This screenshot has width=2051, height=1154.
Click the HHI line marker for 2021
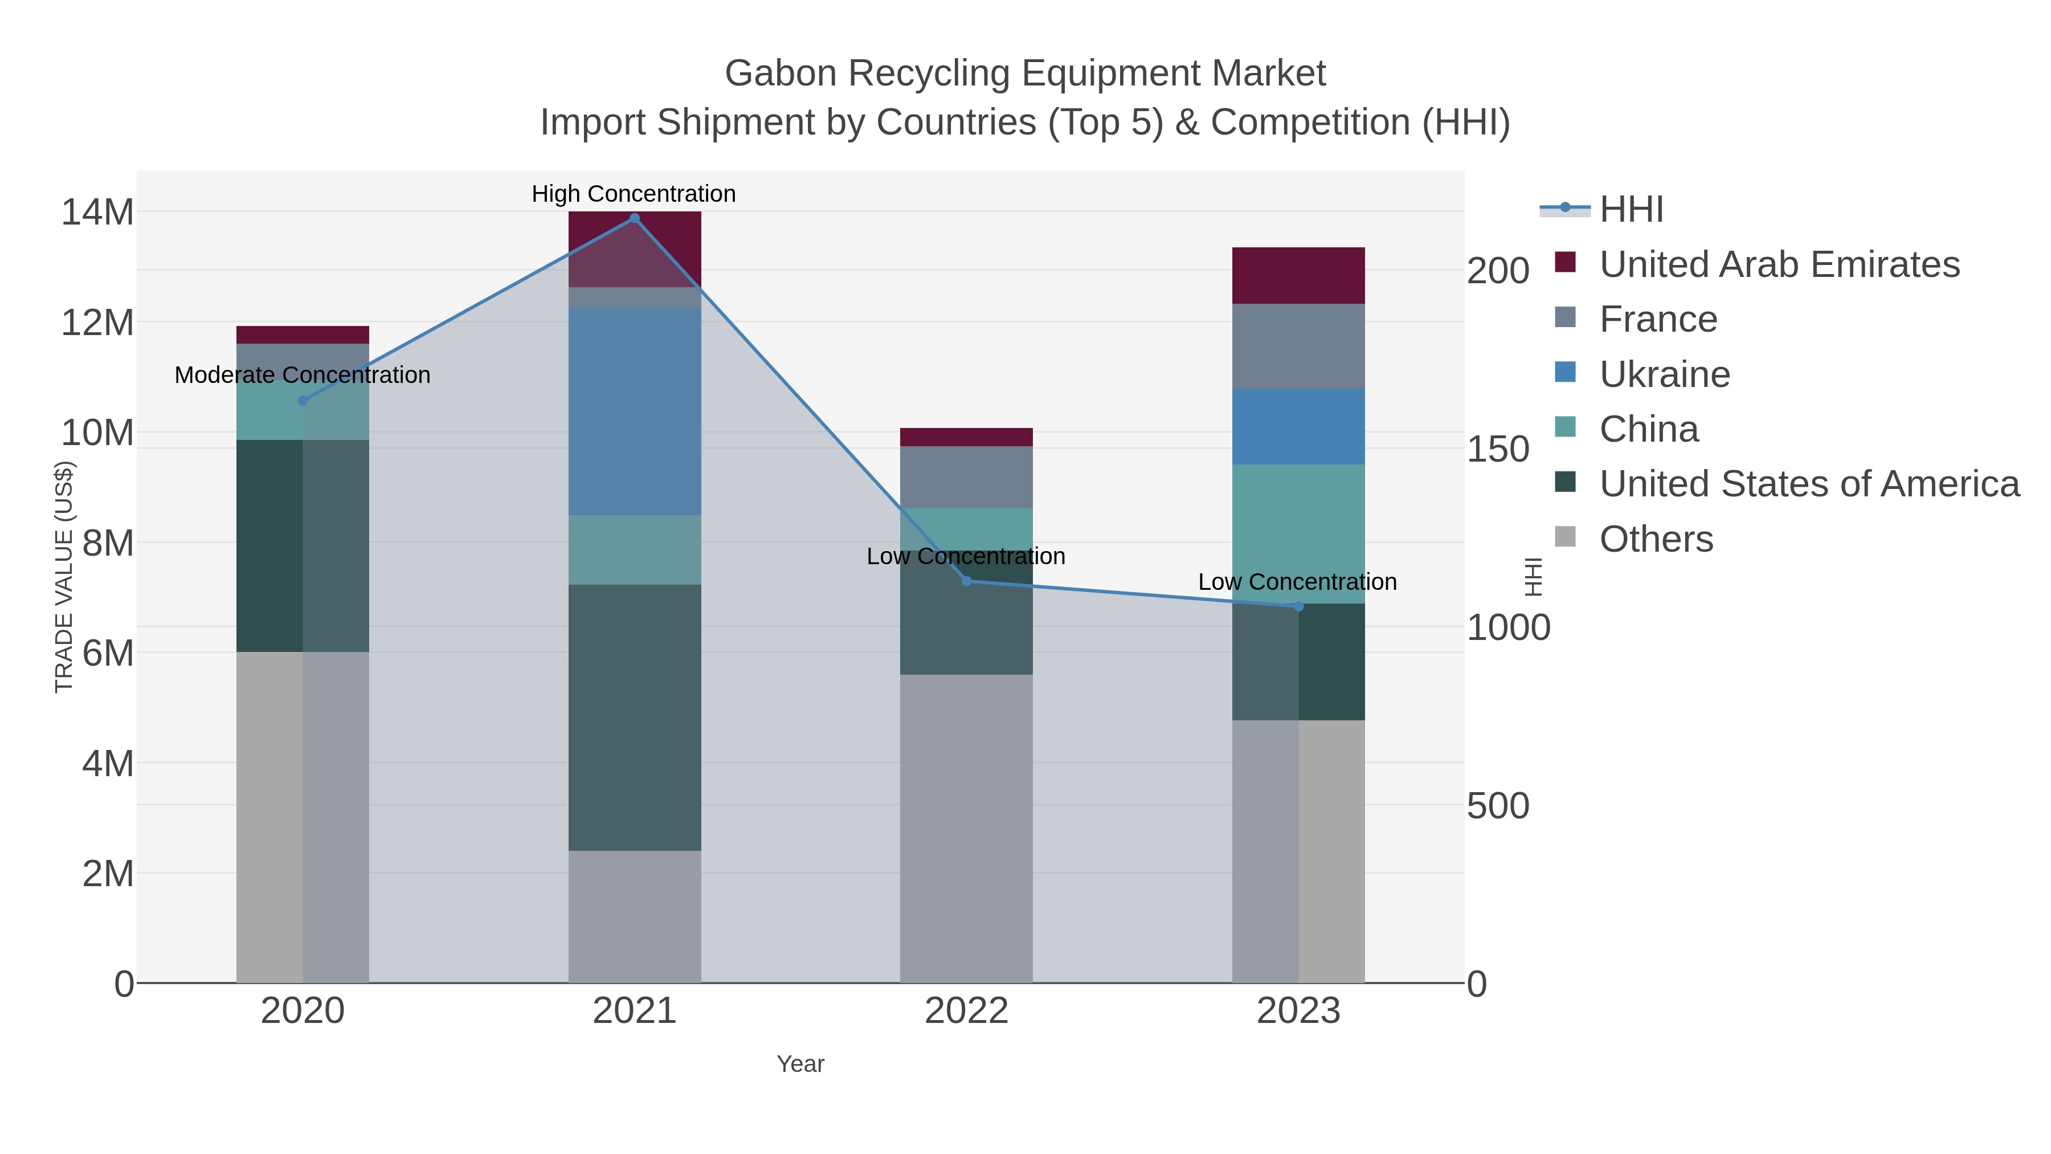635,218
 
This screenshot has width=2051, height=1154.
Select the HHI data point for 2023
1298,607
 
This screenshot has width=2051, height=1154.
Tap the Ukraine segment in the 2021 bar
635,411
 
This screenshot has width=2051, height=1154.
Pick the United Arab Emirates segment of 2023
1298,276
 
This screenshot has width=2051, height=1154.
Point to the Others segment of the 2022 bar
967,828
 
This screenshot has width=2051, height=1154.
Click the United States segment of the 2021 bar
635,717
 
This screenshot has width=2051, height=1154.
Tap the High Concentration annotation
634,194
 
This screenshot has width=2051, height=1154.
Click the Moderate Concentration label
303,375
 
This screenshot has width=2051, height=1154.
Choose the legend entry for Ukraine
1664,374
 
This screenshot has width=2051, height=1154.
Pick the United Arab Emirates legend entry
1779,264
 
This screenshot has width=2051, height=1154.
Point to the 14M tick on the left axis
97,213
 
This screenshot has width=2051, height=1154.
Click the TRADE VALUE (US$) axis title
64,577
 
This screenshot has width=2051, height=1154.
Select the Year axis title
800,1064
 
